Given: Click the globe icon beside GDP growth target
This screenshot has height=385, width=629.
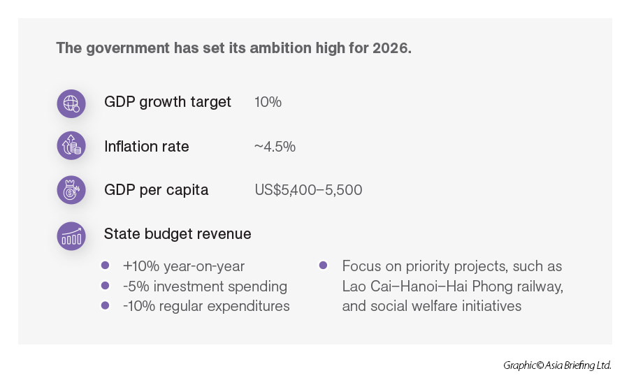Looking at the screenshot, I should tap(71, 103).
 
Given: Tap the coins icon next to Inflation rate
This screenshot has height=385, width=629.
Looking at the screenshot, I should tap(71, 147).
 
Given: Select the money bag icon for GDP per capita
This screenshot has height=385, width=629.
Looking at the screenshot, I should tap(71, 190).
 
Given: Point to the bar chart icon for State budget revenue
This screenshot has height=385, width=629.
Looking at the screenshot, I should tap(71, 235).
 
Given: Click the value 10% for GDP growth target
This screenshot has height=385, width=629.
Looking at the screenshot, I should tap(268, 102).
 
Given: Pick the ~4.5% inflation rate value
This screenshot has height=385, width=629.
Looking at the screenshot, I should tap(275, 147).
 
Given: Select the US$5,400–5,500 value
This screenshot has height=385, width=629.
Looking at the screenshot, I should tap(308, 190).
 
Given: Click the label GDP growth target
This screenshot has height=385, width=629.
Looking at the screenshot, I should tap(167, 102).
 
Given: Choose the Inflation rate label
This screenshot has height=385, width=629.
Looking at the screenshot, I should tap(146, 147).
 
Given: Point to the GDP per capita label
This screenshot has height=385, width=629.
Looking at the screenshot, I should tap(156, 190).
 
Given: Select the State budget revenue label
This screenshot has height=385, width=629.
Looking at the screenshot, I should tap(178, 234).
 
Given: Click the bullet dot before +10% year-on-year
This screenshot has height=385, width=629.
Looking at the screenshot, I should tap(106, 266).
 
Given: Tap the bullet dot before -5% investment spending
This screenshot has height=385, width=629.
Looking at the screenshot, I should tap(106, 286).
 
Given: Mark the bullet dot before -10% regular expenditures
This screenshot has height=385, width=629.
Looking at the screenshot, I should tap(106, 305).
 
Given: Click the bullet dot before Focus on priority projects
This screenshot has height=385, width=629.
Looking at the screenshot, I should tap(323, 266).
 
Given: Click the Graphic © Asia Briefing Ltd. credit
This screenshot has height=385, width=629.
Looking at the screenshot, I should tap(557, 365).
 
